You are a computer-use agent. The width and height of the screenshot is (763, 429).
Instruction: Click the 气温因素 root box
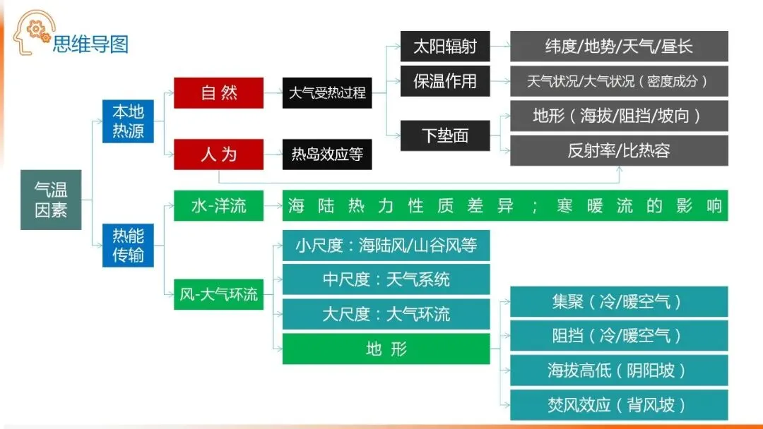(51, 200)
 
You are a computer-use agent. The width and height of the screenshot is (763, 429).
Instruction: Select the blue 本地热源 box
(128, 121)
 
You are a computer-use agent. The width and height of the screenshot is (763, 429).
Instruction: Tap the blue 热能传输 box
(128, 246)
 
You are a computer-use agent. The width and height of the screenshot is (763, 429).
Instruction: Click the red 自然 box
(218, 93)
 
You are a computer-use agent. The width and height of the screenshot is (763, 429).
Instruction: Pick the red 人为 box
(218, 155)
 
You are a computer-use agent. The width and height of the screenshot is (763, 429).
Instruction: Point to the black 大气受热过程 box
(327, 93)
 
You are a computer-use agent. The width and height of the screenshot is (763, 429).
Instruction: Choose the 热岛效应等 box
(327, 155)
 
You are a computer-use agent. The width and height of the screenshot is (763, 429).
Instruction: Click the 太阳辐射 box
(445, 46)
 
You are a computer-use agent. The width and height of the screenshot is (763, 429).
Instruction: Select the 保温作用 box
(445, 81)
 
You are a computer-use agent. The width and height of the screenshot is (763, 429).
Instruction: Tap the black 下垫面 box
(445, 135)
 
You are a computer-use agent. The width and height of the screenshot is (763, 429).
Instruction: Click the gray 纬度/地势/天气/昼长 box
(619, 46)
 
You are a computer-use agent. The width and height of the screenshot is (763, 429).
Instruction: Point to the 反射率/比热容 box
(619, 150)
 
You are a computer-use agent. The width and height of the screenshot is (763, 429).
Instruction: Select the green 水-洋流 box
(218, 205)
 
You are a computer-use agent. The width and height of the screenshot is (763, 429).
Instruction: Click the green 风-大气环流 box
(218, 294)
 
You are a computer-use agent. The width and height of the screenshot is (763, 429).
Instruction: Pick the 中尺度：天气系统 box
(386, 279)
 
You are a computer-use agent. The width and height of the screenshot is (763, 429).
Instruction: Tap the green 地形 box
(386, 349)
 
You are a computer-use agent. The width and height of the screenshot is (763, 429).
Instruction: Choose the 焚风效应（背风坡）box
(619, 405)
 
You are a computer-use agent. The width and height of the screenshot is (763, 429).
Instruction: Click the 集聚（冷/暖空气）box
(619, 302)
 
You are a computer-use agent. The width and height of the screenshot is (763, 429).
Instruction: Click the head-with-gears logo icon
(33, 32)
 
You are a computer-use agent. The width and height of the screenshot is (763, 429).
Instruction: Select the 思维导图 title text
(90, 44)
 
